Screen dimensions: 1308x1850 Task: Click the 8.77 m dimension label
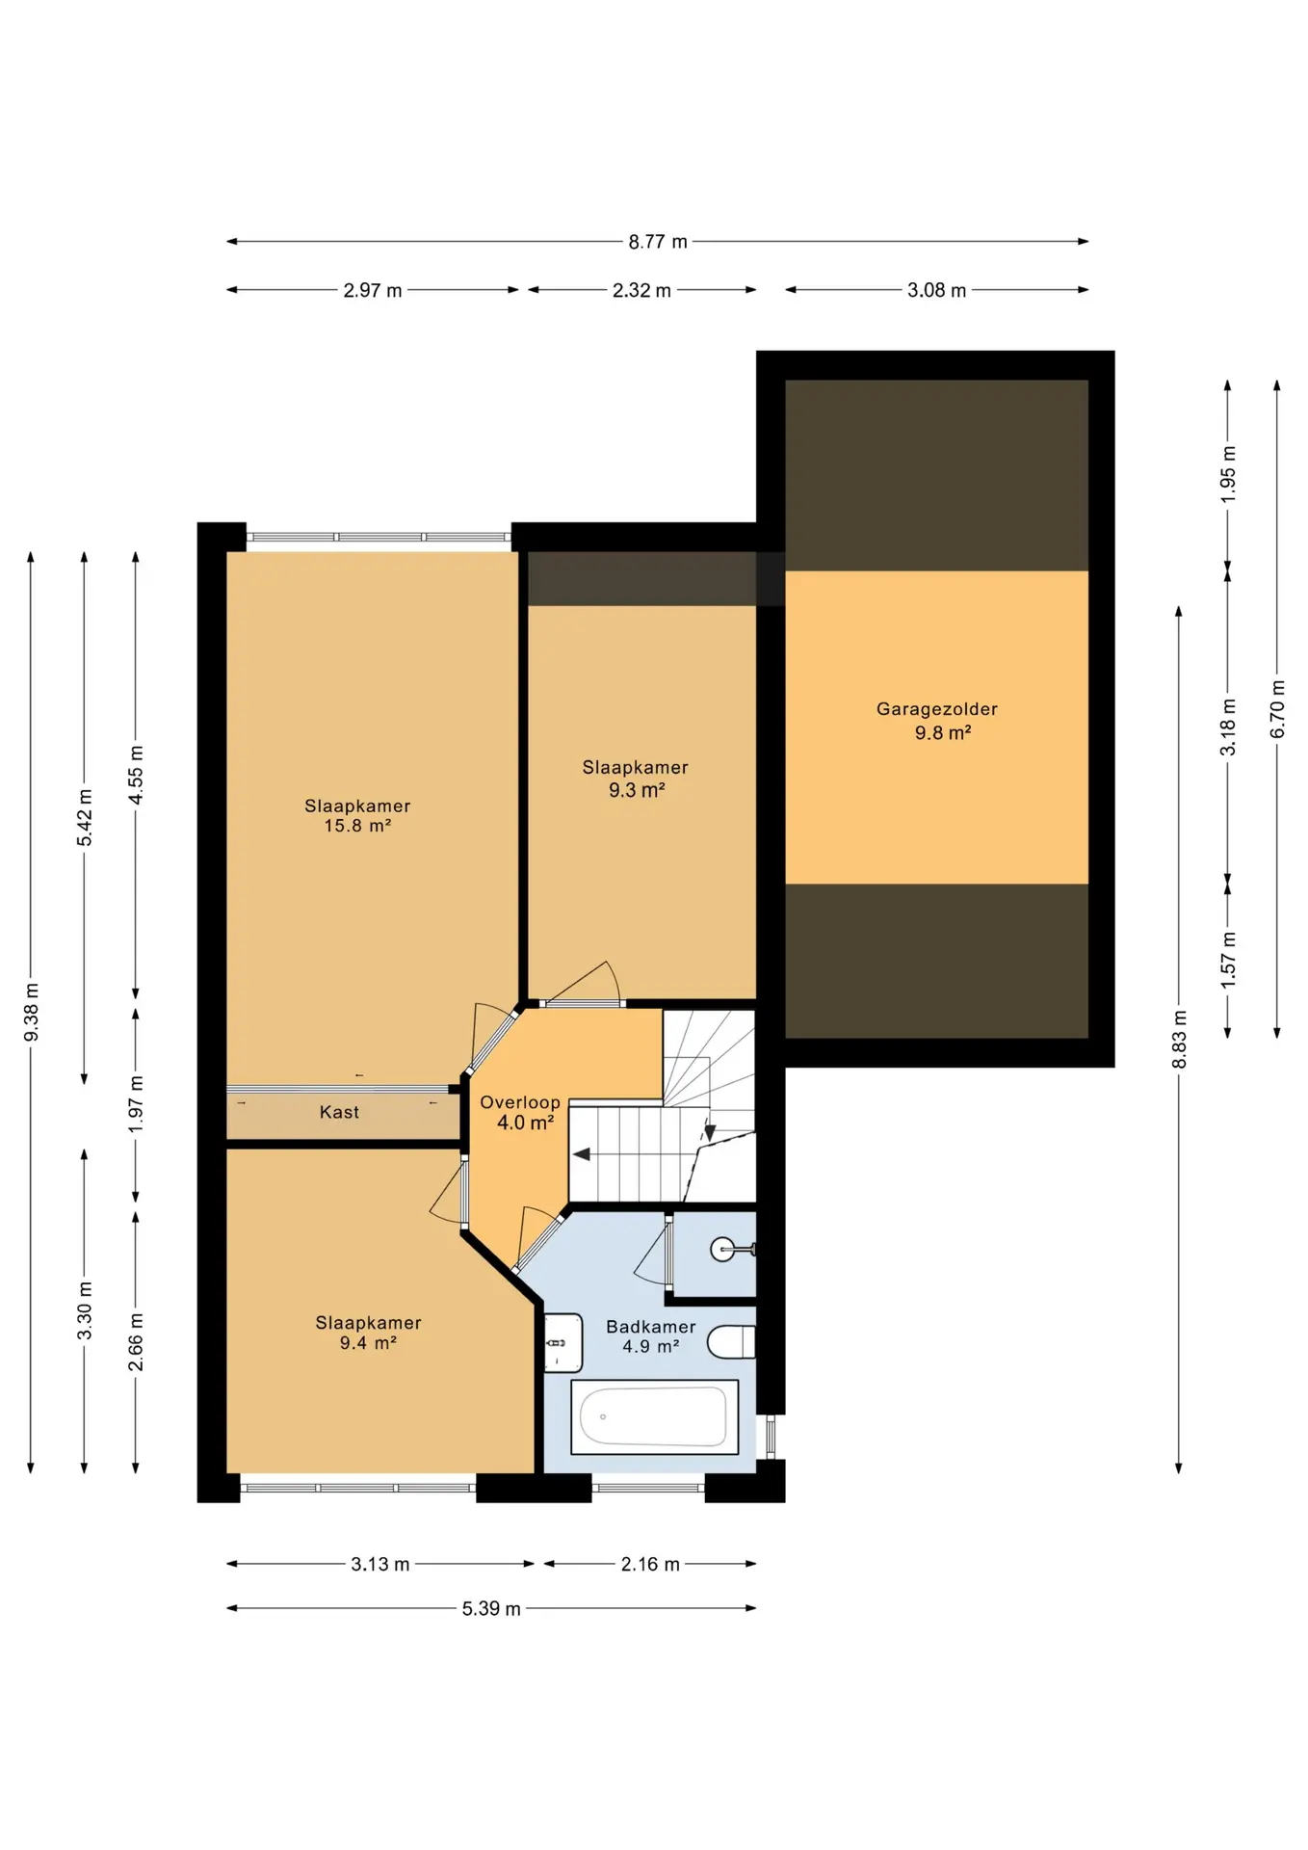(x=658, y=242)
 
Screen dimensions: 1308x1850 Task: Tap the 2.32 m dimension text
(x=641, y=290)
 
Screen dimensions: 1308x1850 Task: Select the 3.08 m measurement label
(x=936, y=290)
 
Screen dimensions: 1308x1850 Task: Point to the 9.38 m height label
(x=31, y=1012)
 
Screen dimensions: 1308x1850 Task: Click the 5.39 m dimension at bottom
(x=491, y=1608)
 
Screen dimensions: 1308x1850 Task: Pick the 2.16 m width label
(x=650, y=1564)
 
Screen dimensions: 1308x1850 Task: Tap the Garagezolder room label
(x=936, y=709)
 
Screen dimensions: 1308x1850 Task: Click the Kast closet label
(x=339, y=1112)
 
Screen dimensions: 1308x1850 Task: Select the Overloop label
(x=520, y=1102)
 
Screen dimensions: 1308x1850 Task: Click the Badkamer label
(x=650, y=1327)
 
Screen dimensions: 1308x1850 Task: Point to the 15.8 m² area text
(x=357, y=826)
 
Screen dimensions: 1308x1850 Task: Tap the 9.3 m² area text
(x=637, y=790)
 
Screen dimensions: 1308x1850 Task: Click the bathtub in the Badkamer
(x=654, y=1416)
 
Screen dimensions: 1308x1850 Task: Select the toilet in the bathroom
(x=732, y=1341)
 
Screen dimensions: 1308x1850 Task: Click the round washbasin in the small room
(x=723, y=1250)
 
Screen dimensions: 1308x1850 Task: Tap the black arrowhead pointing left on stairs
(x=582, y=1154)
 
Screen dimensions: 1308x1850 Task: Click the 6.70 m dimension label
(x=1277, y=709)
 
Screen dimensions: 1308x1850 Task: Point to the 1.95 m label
(x=1228, y=474)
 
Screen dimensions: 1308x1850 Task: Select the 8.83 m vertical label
(x=1179, y=1040)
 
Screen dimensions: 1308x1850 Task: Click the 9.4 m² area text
(x=368, y=1343)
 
